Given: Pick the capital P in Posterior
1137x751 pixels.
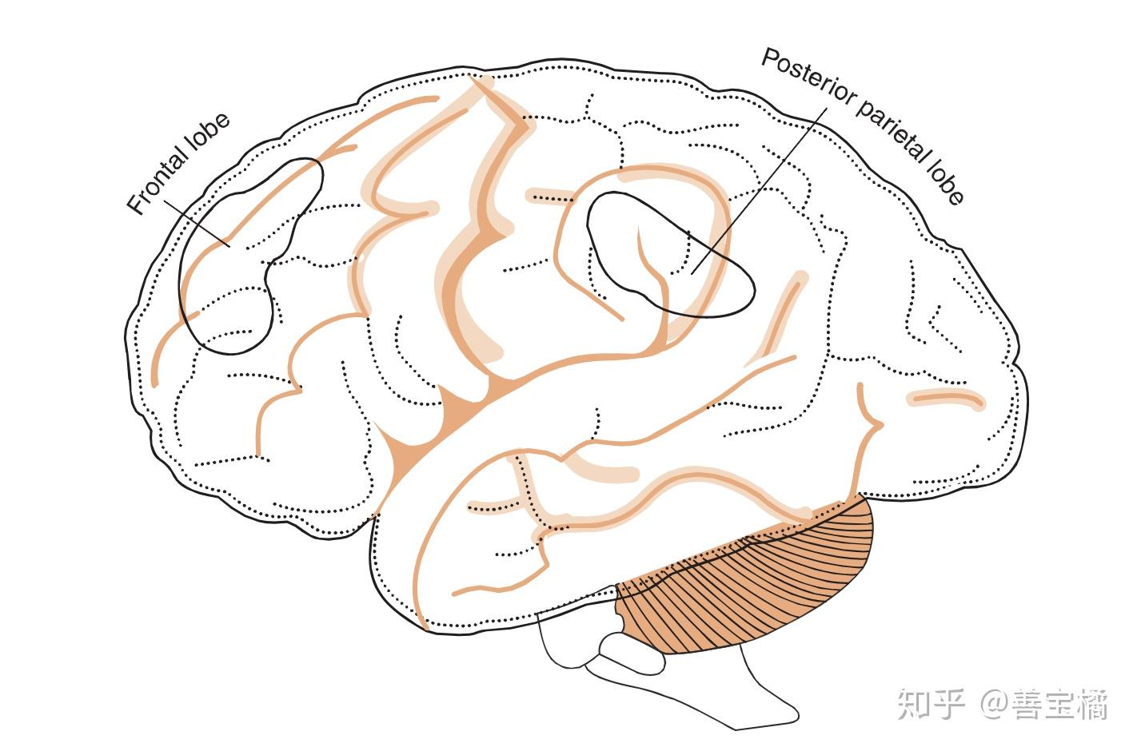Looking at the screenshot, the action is click(771, 58).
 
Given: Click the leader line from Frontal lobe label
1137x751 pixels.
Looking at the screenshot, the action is click(197, 223).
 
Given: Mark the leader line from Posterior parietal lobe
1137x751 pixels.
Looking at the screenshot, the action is click(760, 191).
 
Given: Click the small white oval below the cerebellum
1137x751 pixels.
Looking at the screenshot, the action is click(632, 654).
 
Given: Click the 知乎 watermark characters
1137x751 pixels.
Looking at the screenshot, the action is click(931, 704).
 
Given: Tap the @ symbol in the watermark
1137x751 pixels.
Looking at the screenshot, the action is click(995, 704).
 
